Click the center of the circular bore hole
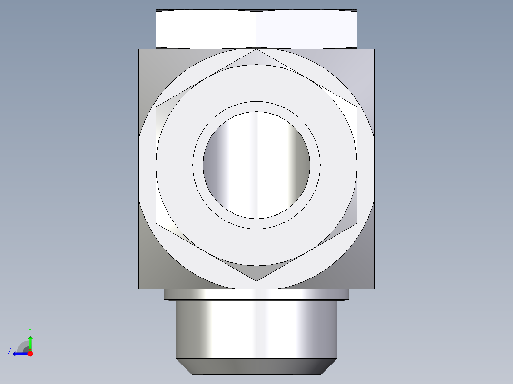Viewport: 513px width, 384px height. (256, 165)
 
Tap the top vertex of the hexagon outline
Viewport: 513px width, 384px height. (256, 49)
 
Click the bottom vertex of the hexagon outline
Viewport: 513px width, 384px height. (256, 281)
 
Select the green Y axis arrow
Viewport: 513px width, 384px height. (30, 341)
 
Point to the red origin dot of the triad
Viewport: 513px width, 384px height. (30, 354)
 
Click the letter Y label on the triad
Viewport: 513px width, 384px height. (30, 330)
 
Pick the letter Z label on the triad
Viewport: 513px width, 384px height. (10, 351)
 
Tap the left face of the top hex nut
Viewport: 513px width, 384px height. (206, 29)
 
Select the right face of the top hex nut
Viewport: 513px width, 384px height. (307, 29)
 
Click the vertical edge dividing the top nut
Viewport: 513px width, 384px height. (256, 29)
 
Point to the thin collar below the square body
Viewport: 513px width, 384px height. (256, 295)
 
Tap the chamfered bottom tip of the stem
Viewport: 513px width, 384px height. (256, 366)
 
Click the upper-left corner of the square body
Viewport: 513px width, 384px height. (139, 49)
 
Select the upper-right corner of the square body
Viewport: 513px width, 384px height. (374, 49)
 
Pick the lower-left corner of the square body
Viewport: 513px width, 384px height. (139, 288)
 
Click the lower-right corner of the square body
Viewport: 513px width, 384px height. (374, 288)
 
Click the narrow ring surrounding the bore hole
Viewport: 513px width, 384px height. (256, 107)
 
